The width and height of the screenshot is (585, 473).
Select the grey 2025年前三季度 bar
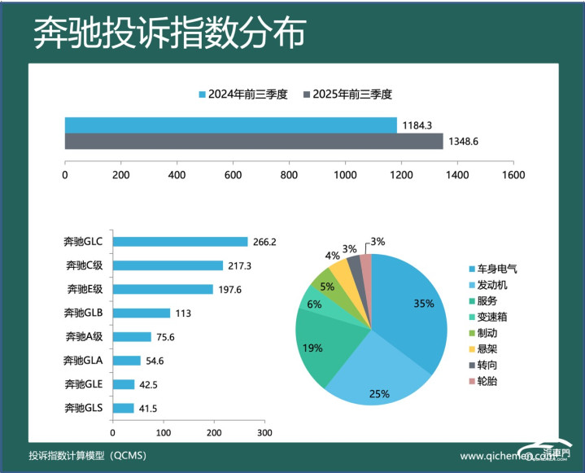pos(254,142)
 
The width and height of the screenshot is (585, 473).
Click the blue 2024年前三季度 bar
pos(230,125)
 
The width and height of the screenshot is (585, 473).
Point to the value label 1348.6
pos(464,142)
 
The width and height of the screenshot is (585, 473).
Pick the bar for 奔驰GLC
pos(180,242)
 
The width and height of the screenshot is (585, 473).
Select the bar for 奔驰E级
pos(163,289)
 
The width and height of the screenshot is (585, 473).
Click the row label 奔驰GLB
pos(83,313)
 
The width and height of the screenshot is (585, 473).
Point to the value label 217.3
pos(241,265)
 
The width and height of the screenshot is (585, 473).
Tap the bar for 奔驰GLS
pos(124,408)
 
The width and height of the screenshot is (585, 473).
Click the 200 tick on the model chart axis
pos(215,432)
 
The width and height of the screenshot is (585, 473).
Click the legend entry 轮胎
pos(488,381)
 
